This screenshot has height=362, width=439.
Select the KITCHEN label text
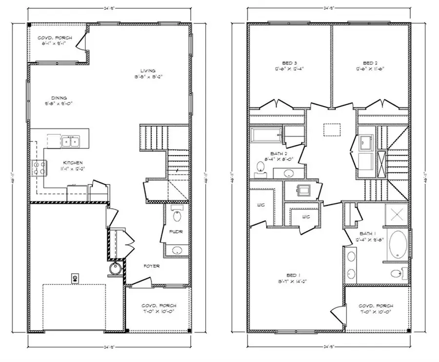72,162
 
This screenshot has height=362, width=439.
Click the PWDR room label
176,232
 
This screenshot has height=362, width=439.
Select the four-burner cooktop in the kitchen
38,169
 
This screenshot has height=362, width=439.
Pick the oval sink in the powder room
177,250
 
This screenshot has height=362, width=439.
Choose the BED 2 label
370,63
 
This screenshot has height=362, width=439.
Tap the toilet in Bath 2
260,168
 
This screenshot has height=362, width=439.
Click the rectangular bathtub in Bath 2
266,134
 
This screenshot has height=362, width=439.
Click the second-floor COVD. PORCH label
377,306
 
